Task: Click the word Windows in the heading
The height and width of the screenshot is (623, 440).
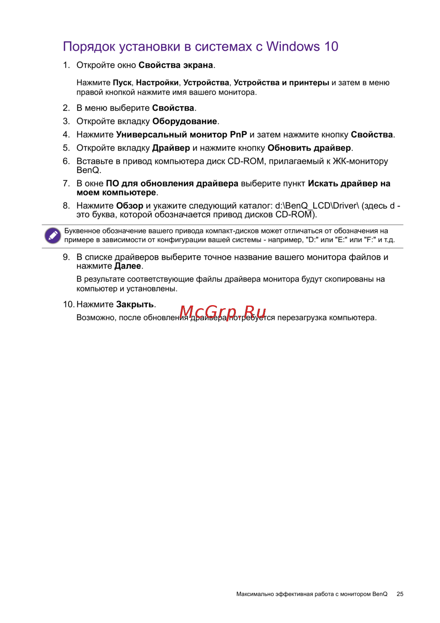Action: click(x=293, y=46)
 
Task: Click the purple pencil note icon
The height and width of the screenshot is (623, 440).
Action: click(x=53, y=236)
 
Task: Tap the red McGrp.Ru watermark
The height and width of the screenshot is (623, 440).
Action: click(x=223, y=312)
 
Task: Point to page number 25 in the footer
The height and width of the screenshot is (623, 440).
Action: click(x=400, y=594)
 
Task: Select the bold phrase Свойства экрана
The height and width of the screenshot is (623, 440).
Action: click(x=176, y=65)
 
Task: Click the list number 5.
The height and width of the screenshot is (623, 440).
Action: click(x=66, y=148)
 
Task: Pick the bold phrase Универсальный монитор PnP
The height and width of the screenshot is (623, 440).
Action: click(x=181, y=135)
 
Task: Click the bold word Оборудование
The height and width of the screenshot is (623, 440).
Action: click(x=185, y=122)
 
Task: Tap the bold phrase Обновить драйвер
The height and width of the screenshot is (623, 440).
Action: click(x=309, y=148)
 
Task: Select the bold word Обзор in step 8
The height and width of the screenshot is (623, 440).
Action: click(x=130, y=206)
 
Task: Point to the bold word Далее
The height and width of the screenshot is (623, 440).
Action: click(x=128, y=266)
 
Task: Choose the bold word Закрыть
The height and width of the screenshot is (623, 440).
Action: click(x=135, y=304)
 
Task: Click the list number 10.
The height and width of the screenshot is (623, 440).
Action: click(x=68, y=304)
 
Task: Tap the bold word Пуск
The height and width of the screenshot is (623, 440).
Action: click(x=122, y=83)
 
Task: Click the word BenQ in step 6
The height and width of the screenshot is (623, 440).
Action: click(x=88, y=170)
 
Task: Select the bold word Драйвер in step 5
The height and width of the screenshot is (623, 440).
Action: click(x=171, y=148)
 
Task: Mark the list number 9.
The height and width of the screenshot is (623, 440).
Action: click(x=66, y=257)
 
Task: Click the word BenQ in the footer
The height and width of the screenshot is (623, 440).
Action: click(x=380, y=594)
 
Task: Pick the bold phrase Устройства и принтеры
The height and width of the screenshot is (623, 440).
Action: click(x=281, y=83)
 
